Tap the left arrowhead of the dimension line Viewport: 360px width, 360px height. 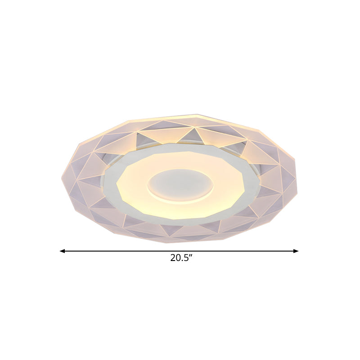coord(63,251)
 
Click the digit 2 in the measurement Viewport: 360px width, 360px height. coord(173,258)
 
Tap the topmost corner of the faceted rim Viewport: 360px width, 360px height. coord(197,115)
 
